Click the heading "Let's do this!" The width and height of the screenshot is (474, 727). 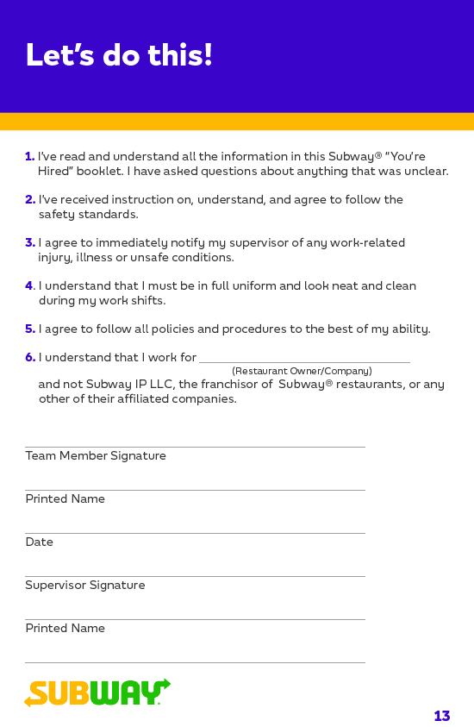[x=119, y=56]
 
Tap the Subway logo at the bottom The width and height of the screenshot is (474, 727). [x=97, y=693]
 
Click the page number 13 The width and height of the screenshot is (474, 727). [x=441, y=716]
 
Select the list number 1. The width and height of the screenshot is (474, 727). [x=29, y=157]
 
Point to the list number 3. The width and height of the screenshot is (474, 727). [x=29, y=243]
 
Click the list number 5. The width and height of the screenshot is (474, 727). [x=29, y=329]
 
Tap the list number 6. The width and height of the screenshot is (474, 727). [x=29, y=358]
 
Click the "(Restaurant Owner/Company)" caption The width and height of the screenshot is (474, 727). [x=302, y=371]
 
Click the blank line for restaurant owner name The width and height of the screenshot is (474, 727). [x=304, y=361]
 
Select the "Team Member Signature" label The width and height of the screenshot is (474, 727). [x=96, y=456]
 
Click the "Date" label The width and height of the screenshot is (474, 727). [x=39, y=542]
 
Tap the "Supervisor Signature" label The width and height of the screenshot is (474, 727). [x=85, y=586]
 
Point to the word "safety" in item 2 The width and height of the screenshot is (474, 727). [x=57, y=215]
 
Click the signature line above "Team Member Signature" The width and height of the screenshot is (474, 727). [x=195, y=447]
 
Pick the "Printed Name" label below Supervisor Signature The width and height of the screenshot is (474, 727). [x=65, y=629]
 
